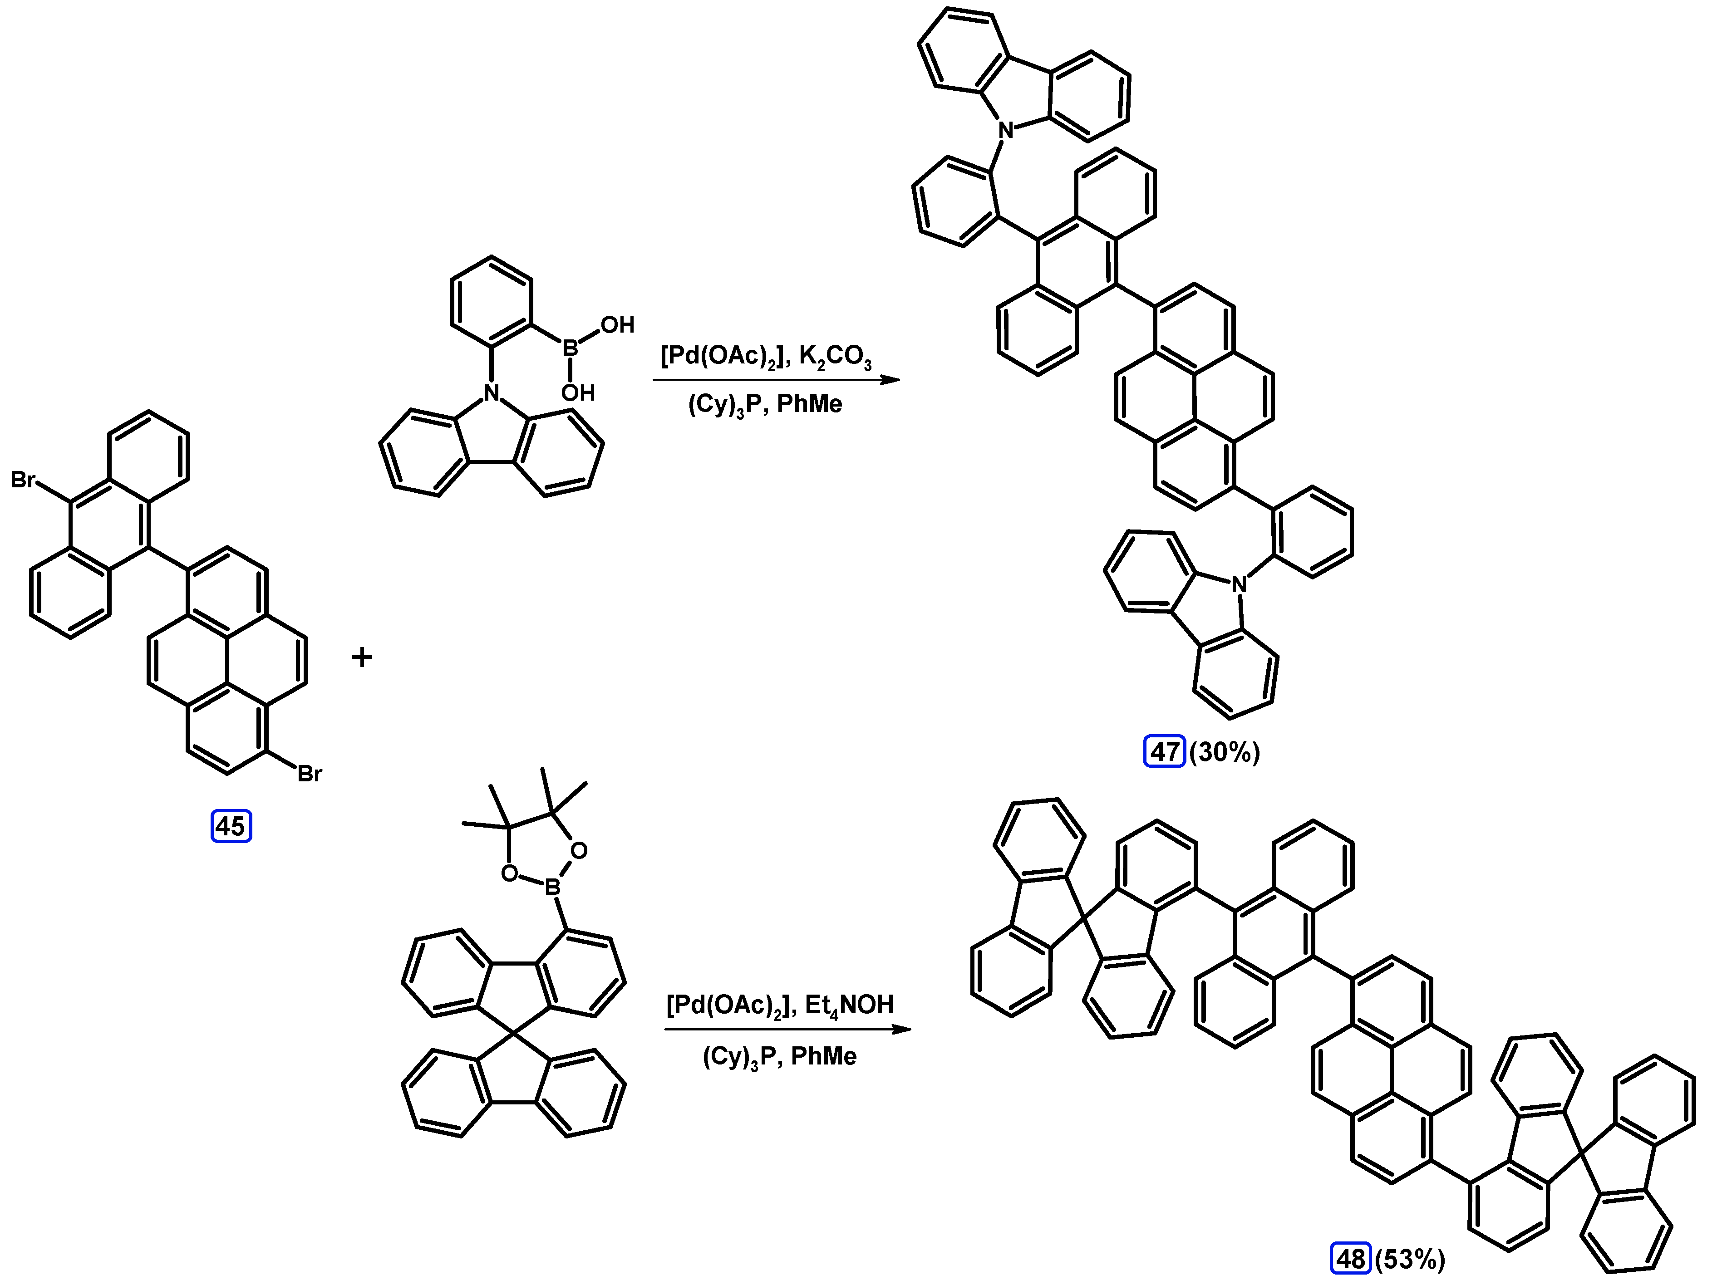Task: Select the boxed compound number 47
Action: (x=1164, y=751)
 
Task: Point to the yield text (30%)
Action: (x=1225, y=752)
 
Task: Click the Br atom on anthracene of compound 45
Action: (x=23, y=481)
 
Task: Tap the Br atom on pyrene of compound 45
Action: (x=310, y=774)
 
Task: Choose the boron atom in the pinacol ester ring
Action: (x=553, y=887)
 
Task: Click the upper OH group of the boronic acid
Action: (x=617, y=325)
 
